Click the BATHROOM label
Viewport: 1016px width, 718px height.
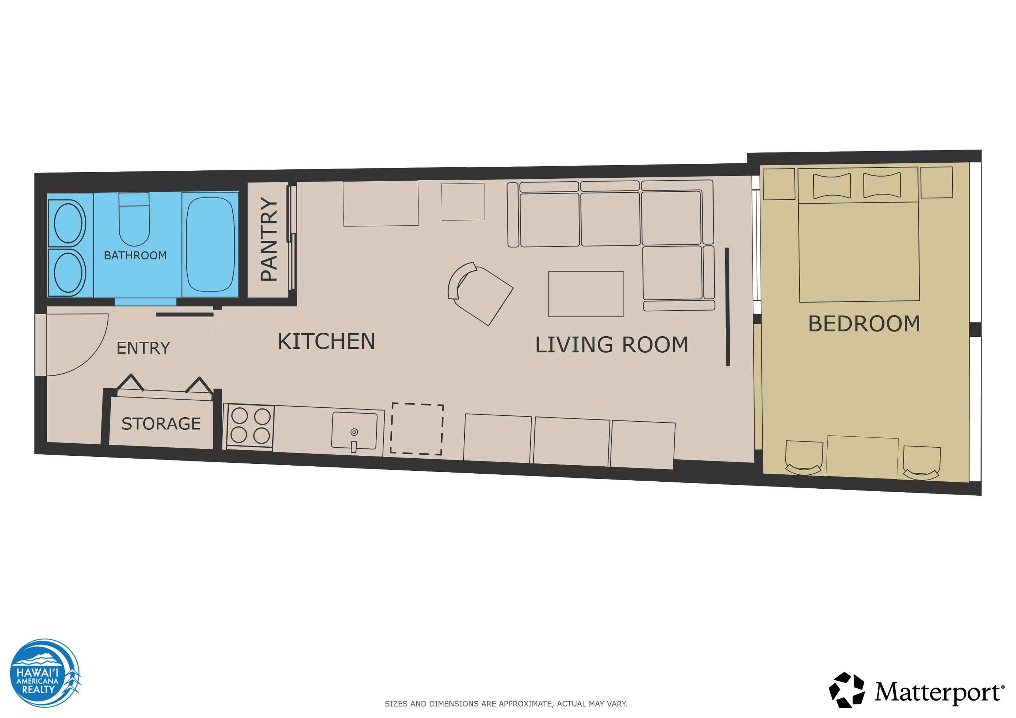[x=135, y=255]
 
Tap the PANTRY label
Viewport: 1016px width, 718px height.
[x=269, y=239]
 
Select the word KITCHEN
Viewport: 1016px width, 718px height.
[x=326, y=341]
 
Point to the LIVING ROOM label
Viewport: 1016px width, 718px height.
[x=612, y=345]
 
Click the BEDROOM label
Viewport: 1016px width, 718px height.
[x=864, y=323]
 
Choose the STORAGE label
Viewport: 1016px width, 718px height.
[x=161, y=424]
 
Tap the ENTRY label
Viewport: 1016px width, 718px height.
[x=143, y=348]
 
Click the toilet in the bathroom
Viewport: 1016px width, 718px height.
[x=134, y=219]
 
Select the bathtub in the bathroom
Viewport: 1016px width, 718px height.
[x=210, y=245]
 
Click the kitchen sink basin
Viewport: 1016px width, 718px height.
[x=354, y=430]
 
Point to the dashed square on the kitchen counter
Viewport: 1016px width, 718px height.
[x=417, y=429]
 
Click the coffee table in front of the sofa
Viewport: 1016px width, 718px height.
[x=586, y=294]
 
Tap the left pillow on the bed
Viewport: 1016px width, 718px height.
[x=832, y=186]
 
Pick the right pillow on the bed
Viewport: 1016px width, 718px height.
[x=882, y=185]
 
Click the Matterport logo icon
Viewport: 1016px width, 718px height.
[x=847, y=690]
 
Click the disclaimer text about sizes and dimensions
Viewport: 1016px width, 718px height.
[x=506, y=704]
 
